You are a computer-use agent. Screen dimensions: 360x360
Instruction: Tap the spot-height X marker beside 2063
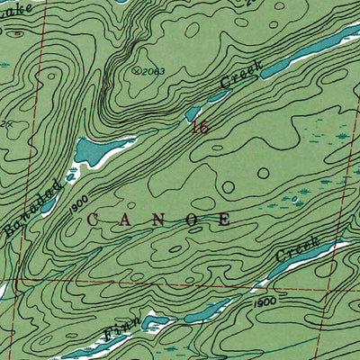[137, 68]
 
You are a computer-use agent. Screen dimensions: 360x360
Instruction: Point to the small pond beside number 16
[193, 114]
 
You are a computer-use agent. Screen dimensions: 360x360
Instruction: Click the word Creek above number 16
[239, 79]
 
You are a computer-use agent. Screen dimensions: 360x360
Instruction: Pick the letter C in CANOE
[93, 219]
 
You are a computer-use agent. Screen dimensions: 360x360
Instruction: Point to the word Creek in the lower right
[298, 251]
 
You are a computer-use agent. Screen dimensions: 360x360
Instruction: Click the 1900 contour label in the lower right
[264, 302]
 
